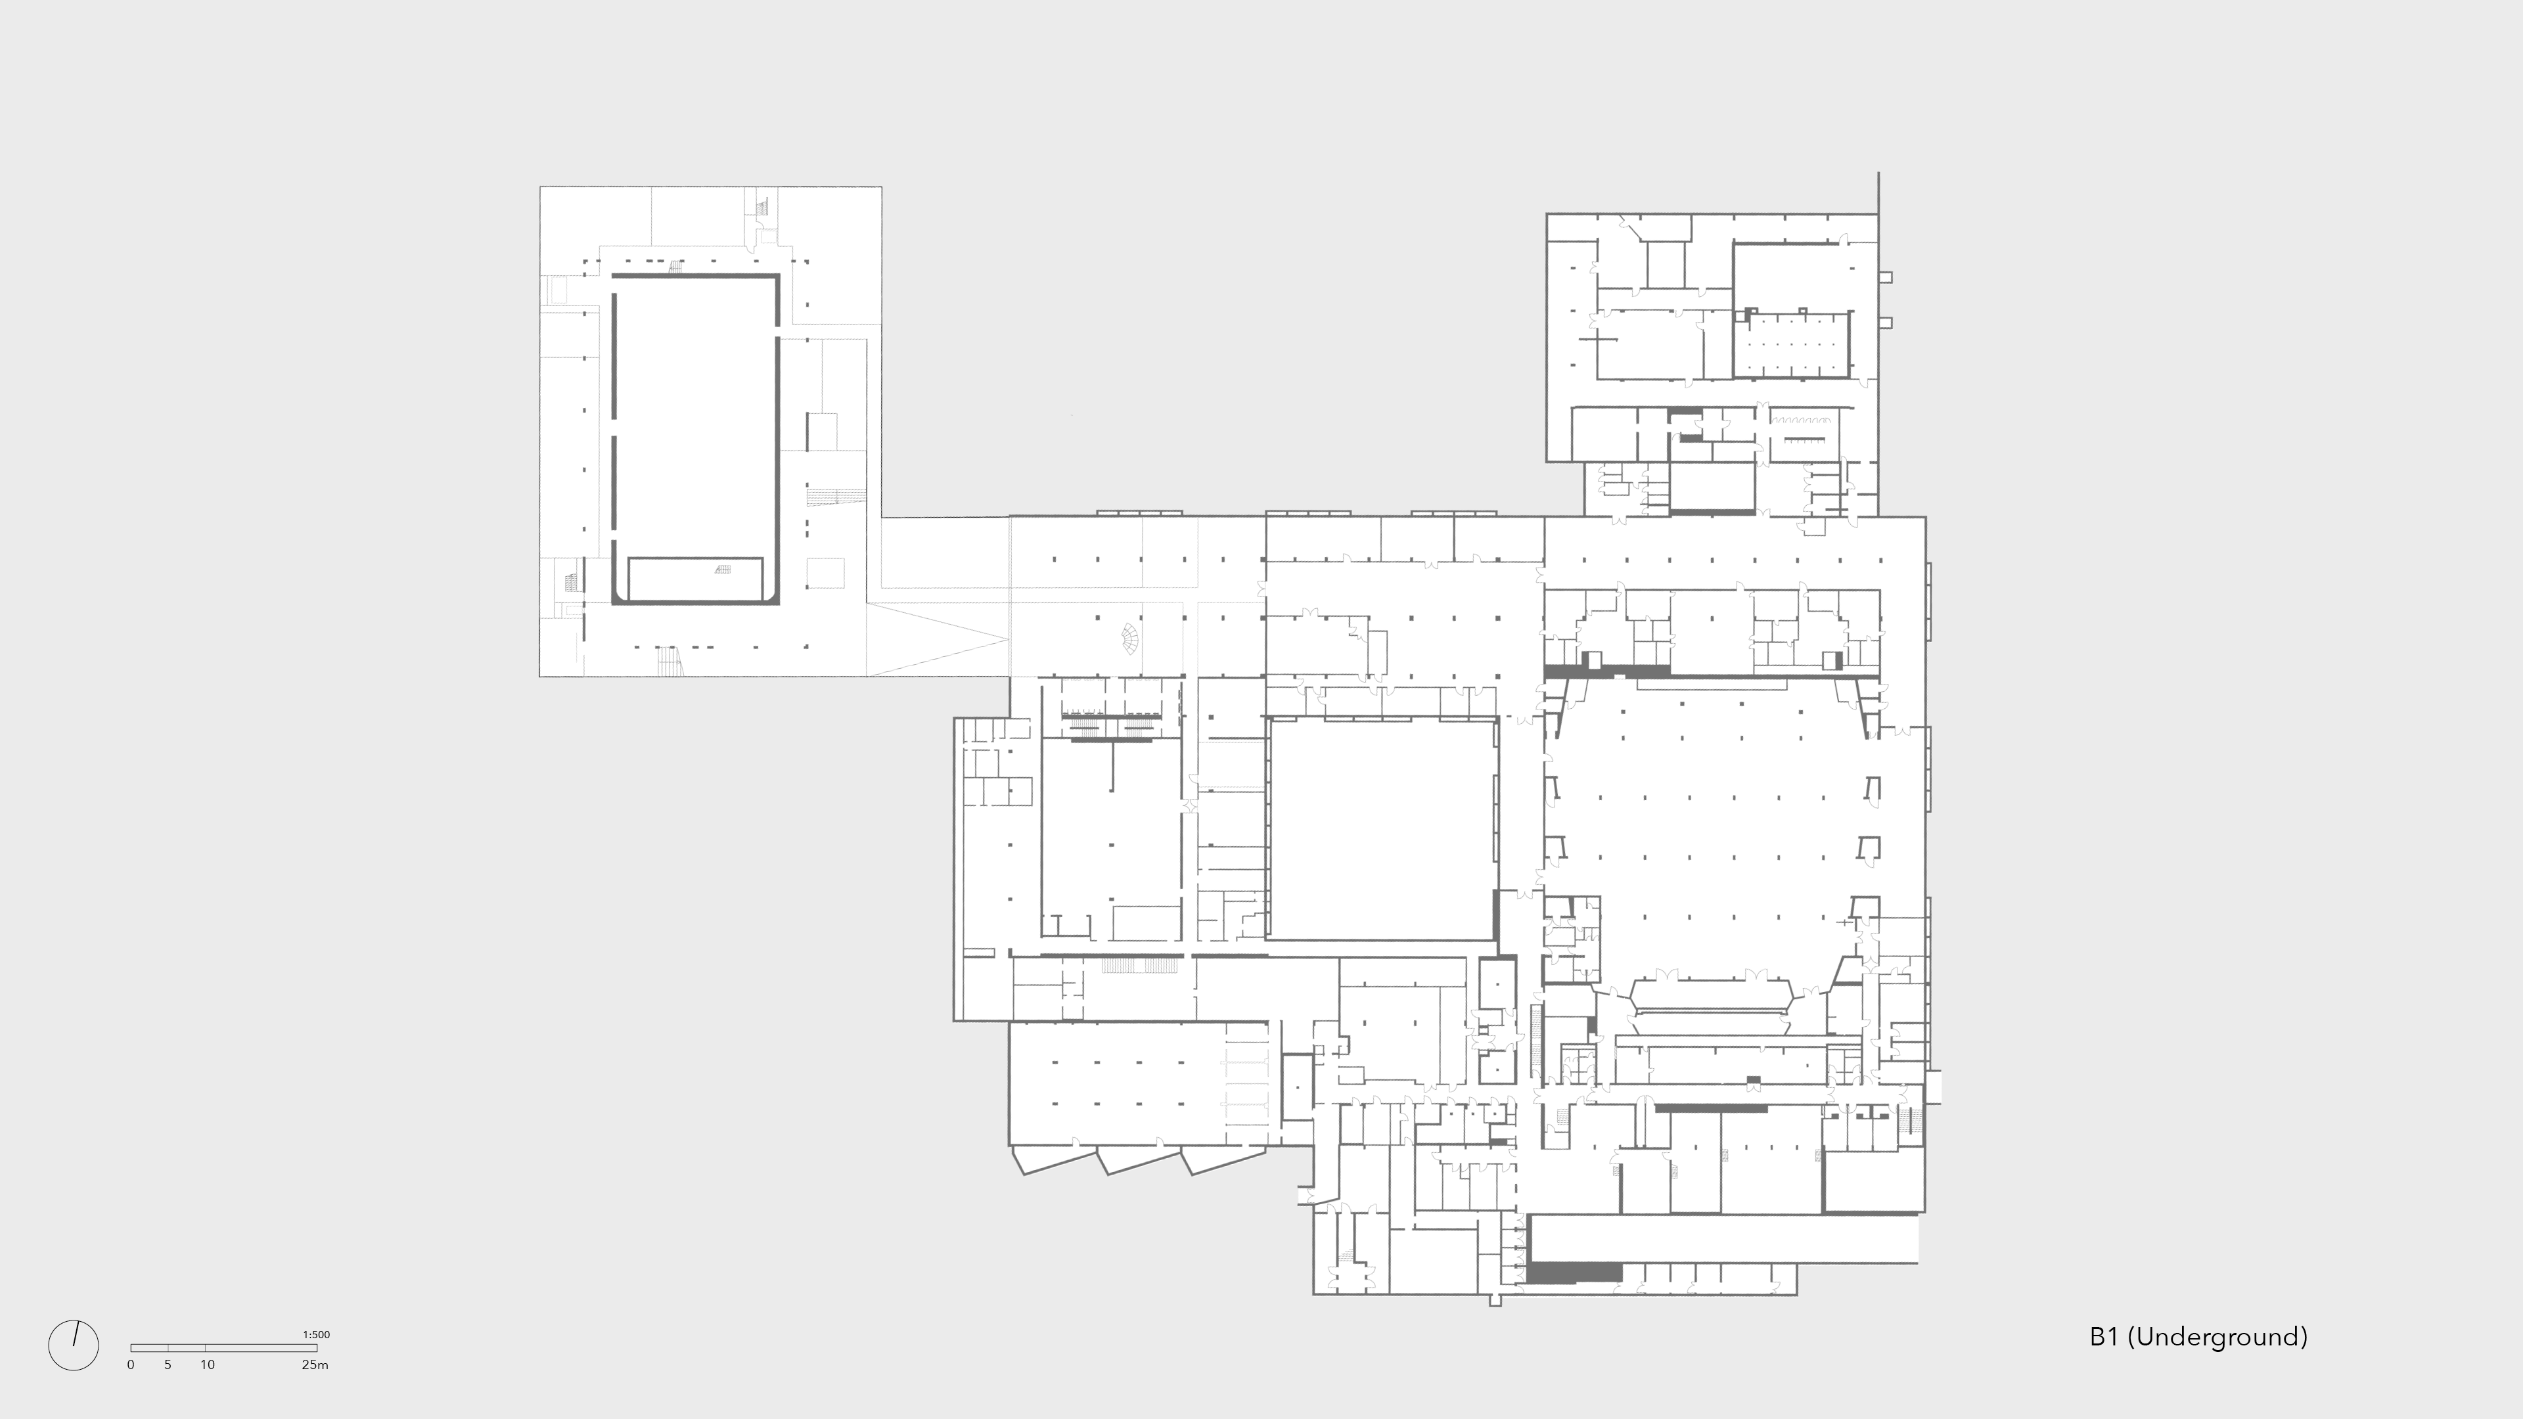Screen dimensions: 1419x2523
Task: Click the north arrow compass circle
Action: tap(74, 1345)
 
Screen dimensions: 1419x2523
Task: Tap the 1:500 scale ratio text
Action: tap(316, 1334)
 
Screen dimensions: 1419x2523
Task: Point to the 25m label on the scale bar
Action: tap(315, 1364)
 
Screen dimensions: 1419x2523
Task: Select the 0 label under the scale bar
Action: tap(130, 1364)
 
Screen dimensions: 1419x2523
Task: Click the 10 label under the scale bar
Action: tap(208, 1364)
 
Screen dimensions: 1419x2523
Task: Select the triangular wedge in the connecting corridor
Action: tap(930, 639)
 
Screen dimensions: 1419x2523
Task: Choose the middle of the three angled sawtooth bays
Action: tap(1139, 1161)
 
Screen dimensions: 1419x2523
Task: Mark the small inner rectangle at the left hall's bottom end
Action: tap(695, 578)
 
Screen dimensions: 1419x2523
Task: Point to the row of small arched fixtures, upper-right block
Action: tap(1805, 439)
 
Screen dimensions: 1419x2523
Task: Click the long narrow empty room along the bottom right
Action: tap(1724, 1239)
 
